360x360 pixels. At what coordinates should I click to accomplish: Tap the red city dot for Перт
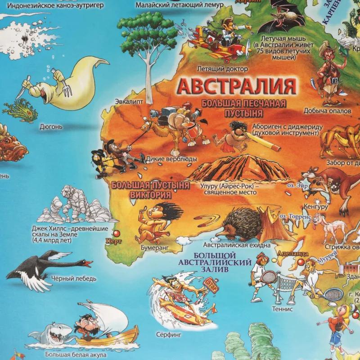pos(117,234)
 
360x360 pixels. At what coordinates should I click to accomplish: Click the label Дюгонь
pos(51,127)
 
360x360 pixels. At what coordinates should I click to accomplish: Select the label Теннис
pos(282,309)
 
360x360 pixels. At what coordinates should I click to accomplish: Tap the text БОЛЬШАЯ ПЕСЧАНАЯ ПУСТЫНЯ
pos(243,108)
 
